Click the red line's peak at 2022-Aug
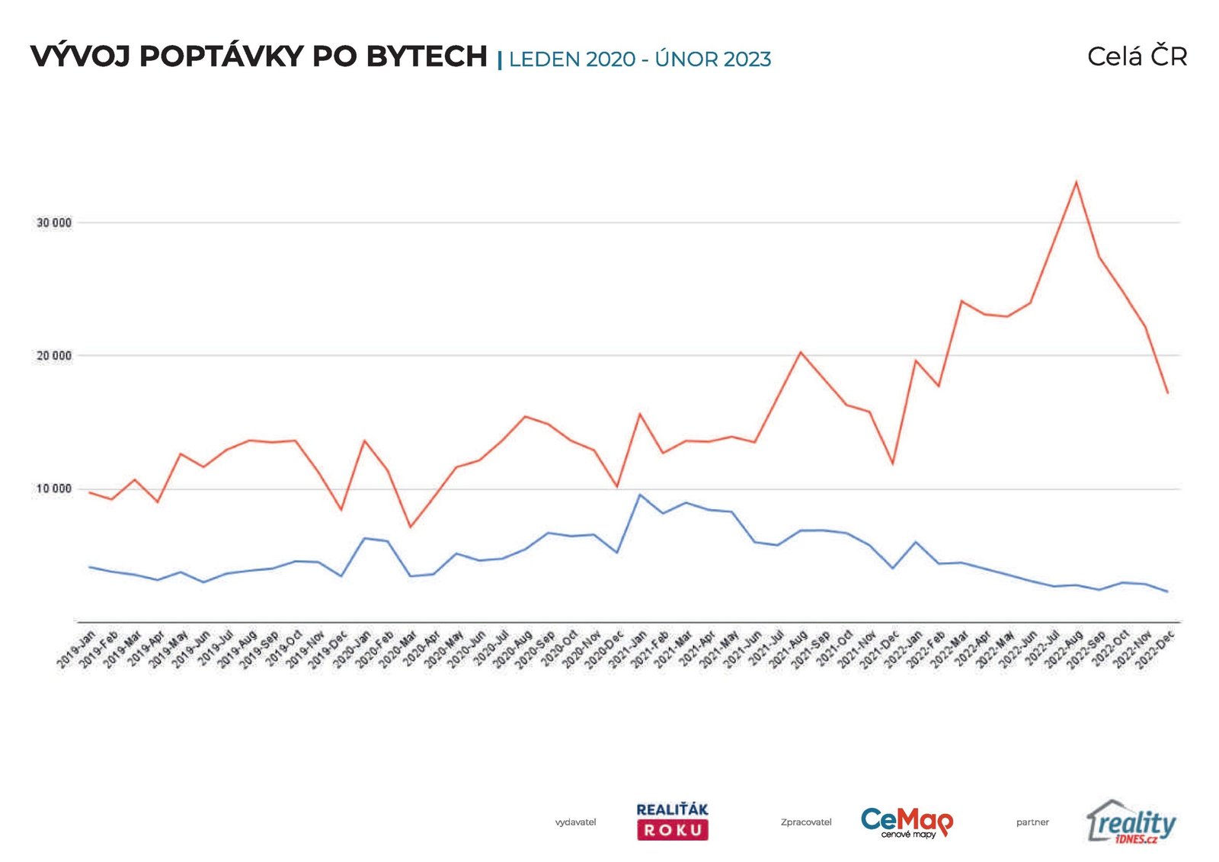pos(1076,181)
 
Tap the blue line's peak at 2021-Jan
pos(639,495)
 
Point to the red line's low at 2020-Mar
pos(410,527)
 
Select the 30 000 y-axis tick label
pos(54,223)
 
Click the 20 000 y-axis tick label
pos(54,356)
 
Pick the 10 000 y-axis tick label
pos(54,489)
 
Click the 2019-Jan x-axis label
pos(77,649)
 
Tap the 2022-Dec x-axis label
pos(1156,649)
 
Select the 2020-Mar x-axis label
pos(398,649)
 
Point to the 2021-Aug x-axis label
pos(789,649)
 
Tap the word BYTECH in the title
pos(427,56)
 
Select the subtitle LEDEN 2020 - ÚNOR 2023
pos(640,59)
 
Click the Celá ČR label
pos(1137,56)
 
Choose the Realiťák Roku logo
pos(672,821)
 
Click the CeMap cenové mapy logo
pos(907,822)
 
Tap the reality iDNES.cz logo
pos(1131,822)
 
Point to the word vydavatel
pos(575,822)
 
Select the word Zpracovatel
pos(806,822)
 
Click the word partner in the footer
pos(1032,822)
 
